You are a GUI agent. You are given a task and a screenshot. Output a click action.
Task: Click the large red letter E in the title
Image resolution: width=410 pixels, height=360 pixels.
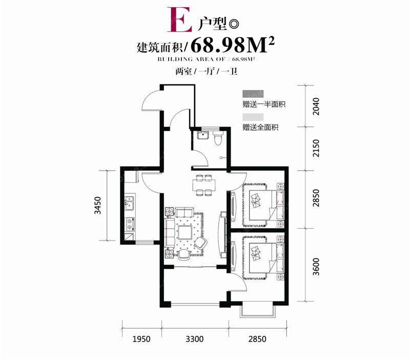[x=180, y=19]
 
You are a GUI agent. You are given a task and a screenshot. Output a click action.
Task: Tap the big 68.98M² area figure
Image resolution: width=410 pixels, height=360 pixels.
[x=233, y=46]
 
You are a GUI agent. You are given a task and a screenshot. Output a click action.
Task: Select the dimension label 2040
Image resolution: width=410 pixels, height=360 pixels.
[x=316, y=106]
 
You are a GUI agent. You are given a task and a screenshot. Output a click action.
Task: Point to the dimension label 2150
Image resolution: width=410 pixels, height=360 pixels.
[x=316, y=148]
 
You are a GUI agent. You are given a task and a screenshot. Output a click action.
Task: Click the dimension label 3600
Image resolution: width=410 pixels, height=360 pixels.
[x=316, y=267]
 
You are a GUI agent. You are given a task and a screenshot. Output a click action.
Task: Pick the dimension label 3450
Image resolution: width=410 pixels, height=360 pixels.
[x=97, y=205]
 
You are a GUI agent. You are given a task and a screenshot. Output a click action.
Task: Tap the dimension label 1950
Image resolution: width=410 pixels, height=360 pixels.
[x=141, y=339]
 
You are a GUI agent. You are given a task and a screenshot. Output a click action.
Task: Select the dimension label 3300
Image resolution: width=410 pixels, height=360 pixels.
[x=195, y=339]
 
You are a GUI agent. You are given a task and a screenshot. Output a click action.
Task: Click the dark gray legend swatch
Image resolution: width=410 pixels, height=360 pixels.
[x=253, y=93]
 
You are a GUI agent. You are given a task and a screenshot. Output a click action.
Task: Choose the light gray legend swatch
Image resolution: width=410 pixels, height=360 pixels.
[x=253, y=117]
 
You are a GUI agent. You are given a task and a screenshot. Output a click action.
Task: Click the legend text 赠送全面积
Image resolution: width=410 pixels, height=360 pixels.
[x=260, y=127]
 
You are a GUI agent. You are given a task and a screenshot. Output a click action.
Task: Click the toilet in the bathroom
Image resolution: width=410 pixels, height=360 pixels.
[x=218, y=137]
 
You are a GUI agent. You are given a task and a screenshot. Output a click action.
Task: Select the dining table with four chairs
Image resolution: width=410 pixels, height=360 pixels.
[x=204, y=185]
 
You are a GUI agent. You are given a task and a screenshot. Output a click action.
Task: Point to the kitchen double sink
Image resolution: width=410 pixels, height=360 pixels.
[x=129, y=203]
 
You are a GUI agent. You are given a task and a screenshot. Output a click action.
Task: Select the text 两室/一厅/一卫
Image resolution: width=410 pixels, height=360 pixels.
[x=207, y=71]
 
